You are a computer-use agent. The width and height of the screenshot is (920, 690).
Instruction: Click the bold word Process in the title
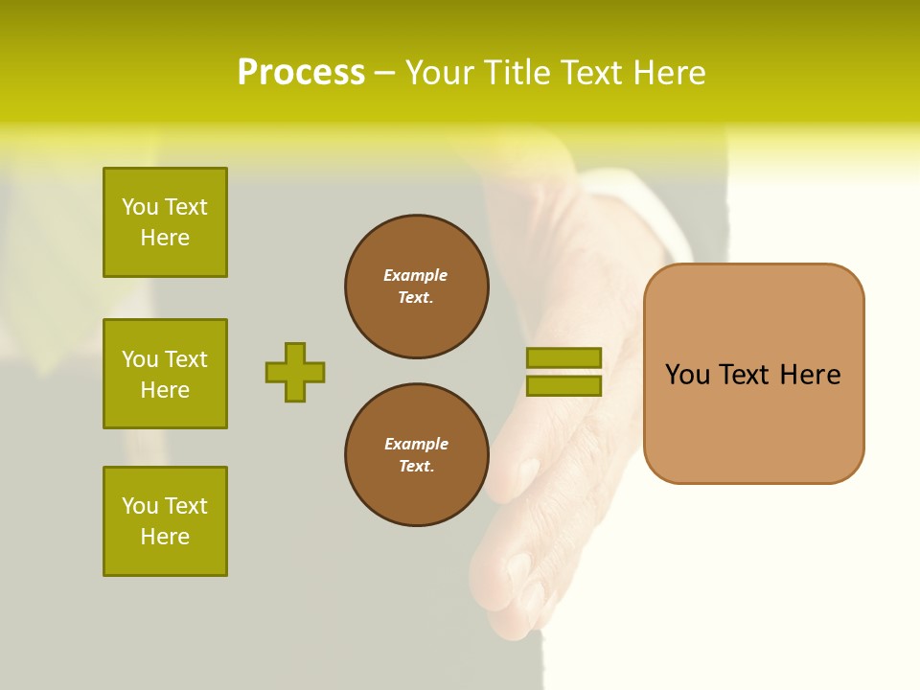coord(301,73)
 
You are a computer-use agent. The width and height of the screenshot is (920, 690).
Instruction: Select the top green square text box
coord(165,222)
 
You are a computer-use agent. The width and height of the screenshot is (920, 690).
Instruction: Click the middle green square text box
coord(165,374)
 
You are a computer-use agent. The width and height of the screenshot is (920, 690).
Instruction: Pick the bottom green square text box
coord(165,521)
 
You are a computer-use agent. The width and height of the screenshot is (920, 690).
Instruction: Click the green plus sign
coord(295,372)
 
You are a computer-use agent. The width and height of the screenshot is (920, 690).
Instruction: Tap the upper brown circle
coord(416,287)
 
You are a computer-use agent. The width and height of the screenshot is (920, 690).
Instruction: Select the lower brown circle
coord(416,455)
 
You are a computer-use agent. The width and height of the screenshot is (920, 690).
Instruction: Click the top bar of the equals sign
coord(563,357)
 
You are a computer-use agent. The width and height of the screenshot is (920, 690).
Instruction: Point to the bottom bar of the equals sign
coord(563,386)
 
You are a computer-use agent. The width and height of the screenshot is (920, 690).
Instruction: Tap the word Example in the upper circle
coord(416,275)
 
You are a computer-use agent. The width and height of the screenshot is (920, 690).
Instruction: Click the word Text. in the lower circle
coord(416,467)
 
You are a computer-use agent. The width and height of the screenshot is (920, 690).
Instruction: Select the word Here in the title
coord(669,73)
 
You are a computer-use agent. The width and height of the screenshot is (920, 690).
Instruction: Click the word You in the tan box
coord(687,375)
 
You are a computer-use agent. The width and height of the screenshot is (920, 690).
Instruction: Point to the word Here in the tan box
coord(810,375)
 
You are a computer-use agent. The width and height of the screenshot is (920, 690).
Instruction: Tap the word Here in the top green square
coord(165,238)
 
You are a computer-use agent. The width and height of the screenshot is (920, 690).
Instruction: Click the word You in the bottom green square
coord(140,506)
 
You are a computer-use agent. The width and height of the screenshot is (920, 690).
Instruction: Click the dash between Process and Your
coord(385,74)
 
